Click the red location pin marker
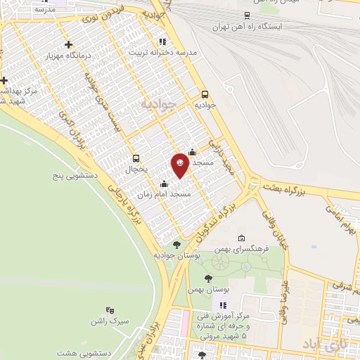coord(180,164)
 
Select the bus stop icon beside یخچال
coord(136,157)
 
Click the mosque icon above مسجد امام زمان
coord(165,184)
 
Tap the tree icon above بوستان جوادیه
coord(176,245)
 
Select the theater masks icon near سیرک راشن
coord(109,309)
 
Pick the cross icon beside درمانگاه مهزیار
coord(68,45)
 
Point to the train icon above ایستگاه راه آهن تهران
coord(246,15)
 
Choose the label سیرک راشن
coord(109,321)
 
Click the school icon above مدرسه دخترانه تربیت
coord(162,41)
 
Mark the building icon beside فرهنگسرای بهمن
coord(241,238)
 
